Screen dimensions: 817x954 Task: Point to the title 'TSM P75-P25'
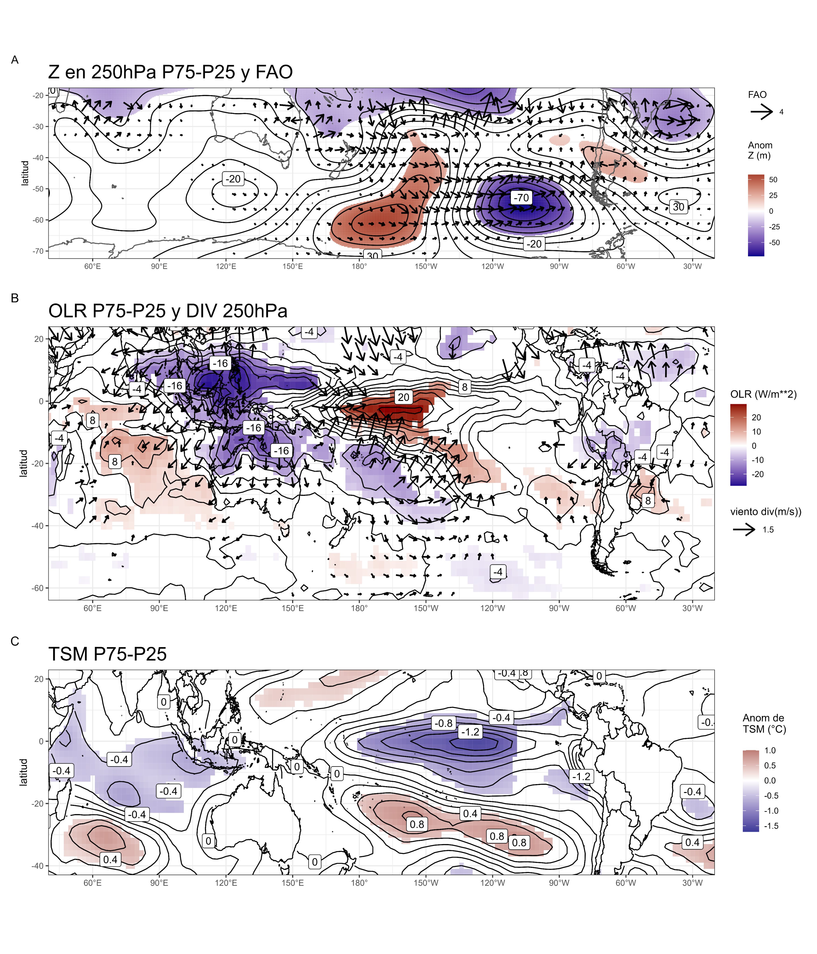(x=108, y=654)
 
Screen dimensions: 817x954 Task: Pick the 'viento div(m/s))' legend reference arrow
(x=744, y=530)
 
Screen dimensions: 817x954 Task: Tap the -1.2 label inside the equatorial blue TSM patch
(x=470, y=732)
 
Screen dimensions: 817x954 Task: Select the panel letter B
(x=15, y=298)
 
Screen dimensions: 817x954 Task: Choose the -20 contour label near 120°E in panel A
(x=233, y=179)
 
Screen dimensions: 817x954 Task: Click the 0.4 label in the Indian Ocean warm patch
(x=111, y=859)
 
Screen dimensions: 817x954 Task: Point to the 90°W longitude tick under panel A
(x=559, y=266)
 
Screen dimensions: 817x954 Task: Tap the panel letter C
(x=15, y=641)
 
